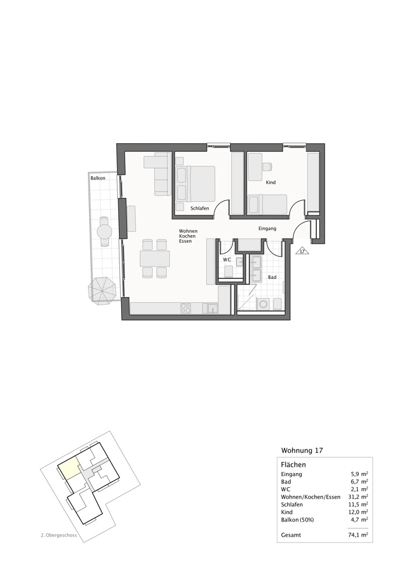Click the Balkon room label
98,178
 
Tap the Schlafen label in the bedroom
200,208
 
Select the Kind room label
270,183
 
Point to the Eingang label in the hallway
267,229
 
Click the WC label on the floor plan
227,259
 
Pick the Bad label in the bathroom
272,278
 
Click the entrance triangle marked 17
302,251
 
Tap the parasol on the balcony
103,289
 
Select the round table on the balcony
105,232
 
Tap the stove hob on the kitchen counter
186,308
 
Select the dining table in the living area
155,258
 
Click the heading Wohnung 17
302,450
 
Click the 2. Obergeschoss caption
59,534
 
